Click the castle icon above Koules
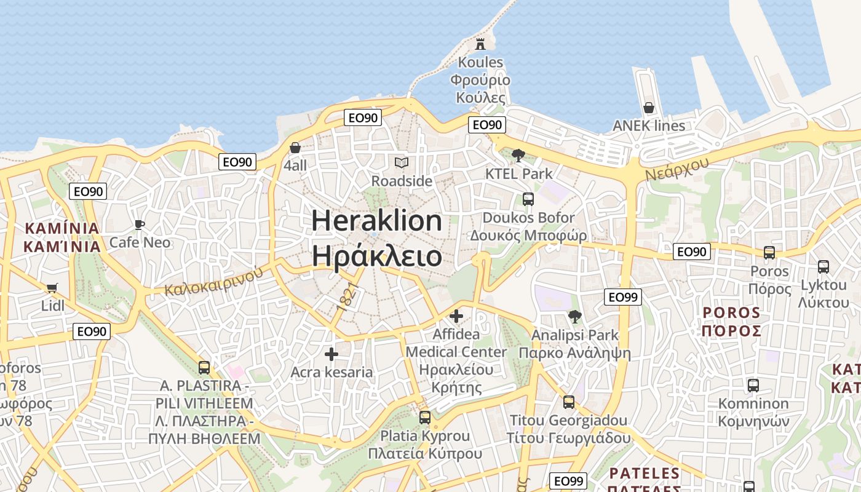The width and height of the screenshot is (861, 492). (480, 44)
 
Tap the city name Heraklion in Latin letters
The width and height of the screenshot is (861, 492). (376, 221)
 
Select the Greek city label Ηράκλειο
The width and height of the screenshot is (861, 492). (376, 256)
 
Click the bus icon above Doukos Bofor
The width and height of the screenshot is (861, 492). (528, 199)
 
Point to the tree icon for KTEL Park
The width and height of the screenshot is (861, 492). (518, 156)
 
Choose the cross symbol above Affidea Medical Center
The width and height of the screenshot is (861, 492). (456, 316)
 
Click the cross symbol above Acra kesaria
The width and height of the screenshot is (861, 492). (331, 354)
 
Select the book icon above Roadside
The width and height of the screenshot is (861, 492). (402, 163)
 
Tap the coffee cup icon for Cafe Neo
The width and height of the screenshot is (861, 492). (140, 224)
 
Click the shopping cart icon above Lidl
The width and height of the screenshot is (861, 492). (52, 288)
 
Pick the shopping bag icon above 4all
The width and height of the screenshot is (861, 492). (295, 148)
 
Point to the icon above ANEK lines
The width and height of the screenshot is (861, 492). (648, 108)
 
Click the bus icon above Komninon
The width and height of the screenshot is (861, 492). (753, 386)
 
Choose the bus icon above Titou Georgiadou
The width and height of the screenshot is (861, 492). (569, 402)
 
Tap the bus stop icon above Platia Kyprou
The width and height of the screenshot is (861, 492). (424, 418)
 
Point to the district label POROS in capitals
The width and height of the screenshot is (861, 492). (732, 312)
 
